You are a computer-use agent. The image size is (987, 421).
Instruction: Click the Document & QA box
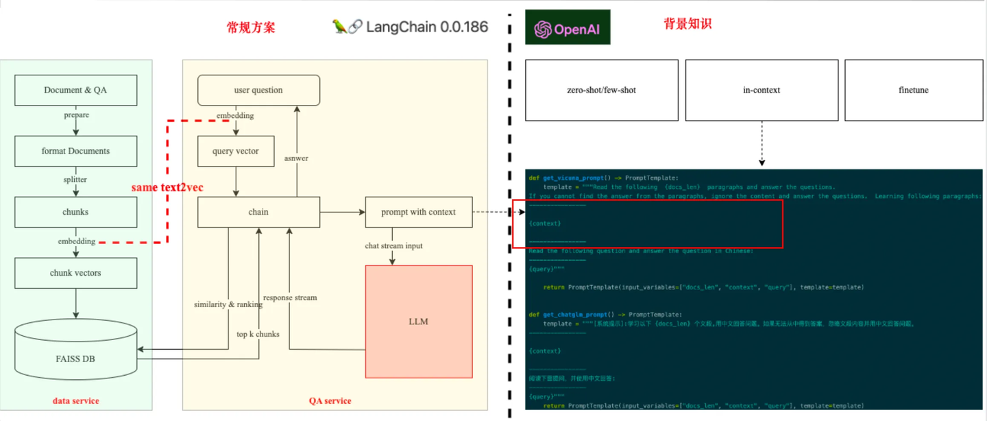[x=75, y=90]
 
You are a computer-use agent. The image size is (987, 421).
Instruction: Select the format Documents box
[x=75, y=151]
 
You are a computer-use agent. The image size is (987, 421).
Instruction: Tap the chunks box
[x=75, y=212]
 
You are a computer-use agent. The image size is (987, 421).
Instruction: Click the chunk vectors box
[x=75, y=273]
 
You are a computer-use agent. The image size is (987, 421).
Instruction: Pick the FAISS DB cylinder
[x=75, y=353]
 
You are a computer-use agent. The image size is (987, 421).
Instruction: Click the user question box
[x=258, y=90]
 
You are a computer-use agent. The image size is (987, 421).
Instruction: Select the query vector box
[x=236, y=151]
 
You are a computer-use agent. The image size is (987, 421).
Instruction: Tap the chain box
[x=258, y=212]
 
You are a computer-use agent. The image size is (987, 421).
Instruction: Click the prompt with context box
[x=418, y=212]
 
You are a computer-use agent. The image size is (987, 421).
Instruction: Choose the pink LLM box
[x=418, y=321]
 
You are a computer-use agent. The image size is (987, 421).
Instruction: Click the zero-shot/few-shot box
[x=601, y=90]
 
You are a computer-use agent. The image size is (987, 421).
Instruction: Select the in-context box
[x=761, y=90]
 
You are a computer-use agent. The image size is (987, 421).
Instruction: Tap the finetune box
[x=914, y=90]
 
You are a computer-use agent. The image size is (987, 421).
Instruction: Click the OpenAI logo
[x=568, y=29]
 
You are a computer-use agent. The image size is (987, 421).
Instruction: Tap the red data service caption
[x=75, y=400]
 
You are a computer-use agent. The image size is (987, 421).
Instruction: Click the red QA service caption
[x=330, y=400]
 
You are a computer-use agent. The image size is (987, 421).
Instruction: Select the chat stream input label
[x=393, y=245]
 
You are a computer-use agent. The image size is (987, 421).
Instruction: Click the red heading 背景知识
[x=687, y=24]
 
